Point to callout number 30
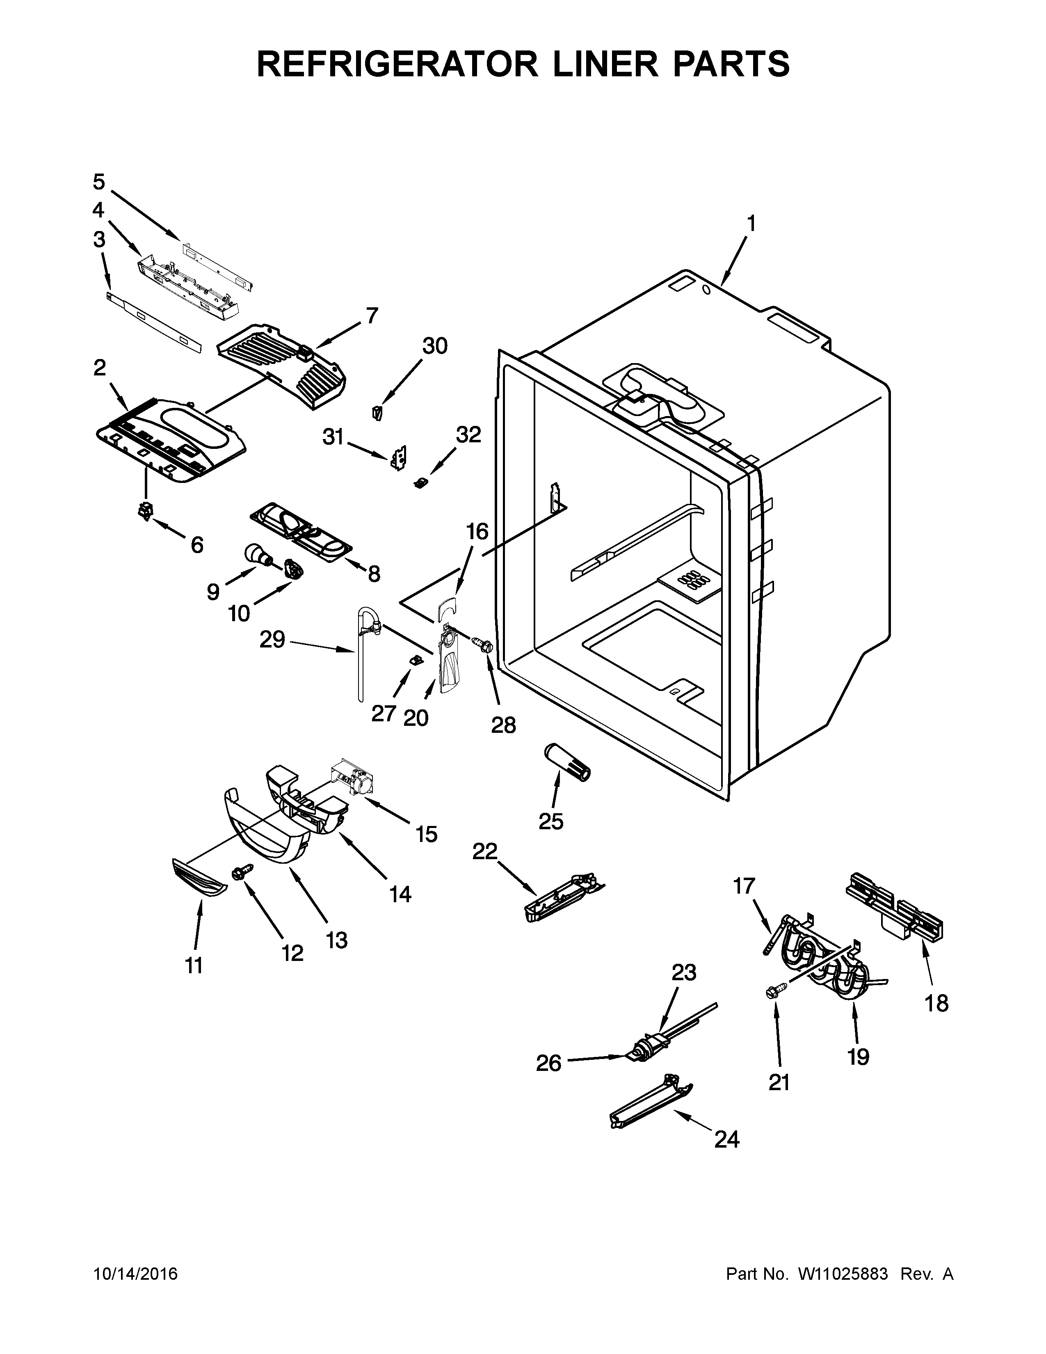[434, 346]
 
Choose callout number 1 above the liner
[751, 223]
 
